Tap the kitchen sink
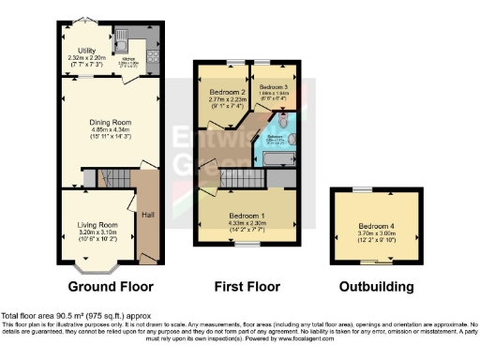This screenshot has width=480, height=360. tap(122, 39)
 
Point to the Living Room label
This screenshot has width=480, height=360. tap(97, 225)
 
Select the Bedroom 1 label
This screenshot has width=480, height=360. tap(247, 216)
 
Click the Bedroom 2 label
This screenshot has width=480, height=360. tap(228, 92)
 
